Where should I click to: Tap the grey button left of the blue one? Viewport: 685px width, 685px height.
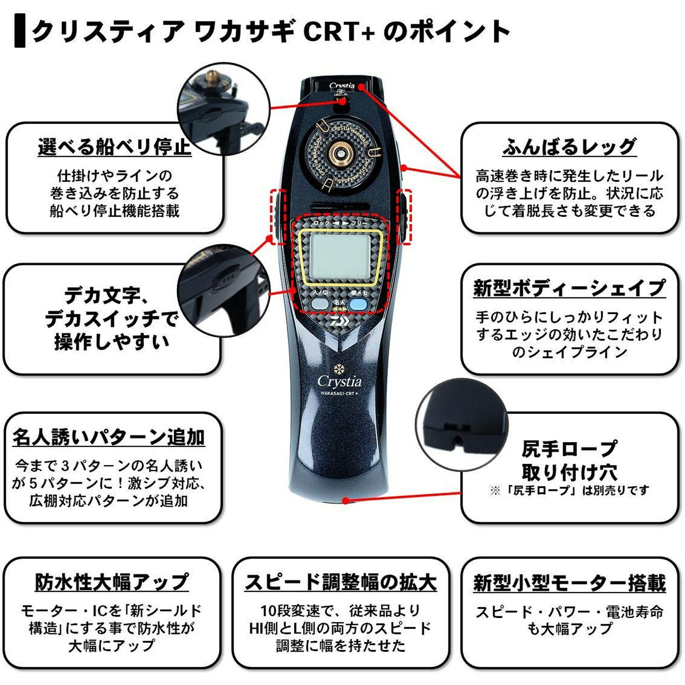320,304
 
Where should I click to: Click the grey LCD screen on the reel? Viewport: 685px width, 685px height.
340,257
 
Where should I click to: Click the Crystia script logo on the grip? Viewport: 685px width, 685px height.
339,381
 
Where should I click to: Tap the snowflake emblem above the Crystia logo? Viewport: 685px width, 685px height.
339,368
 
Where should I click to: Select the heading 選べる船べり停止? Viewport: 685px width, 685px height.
114,147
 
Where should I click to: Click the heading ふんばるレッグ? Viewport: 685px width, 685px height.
569,147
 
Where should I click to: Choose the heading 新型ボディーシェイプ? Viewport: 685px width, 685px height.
569,288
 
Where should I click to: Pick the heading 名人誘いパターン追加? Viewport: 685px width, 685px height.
109,437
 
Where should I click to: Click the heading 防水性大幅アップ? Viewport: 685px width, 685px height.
112,582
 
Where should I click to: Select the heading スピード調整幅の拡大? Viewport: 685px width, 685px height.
341,582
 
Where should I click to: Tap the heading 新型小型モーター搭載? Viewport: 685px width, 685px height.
569,583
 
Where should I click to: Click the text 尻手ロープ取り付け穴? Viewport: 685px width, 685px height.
569,460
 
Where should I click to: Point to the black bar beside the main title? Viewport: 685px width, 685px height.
20,31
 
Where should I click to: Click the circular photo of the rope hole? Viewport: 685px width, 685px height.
461,425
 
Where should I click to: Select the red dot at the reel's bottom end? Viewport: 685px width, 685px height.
346,501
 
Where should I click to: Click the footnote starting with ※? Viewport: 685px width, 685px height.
569,490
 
